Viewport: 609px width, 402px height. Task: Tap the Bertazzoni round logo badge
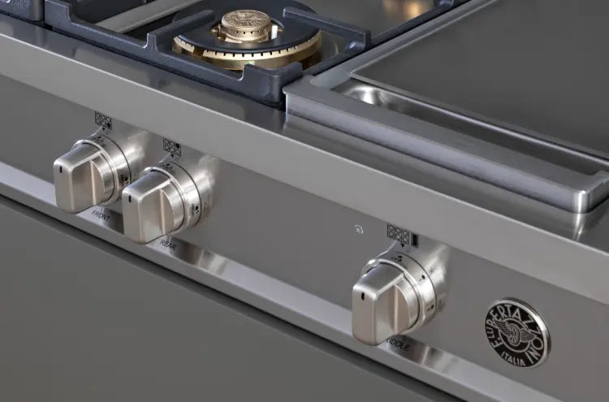click(517, 332)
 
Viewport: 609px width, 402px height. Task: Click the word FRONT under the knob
click(101, 218)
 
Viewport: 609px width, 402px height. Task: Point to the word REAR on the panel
click(169, 244)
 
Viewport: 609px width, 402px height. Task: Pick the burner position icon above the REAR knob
click(171, 147)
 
